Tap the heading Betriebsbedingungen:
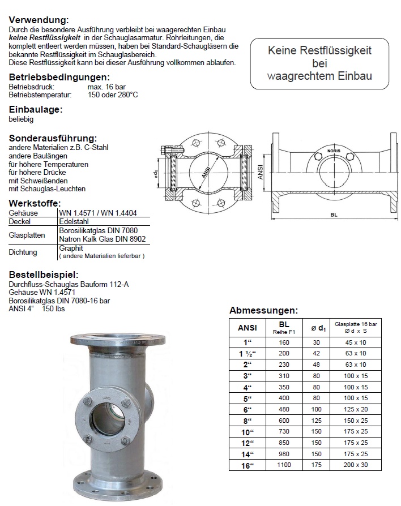pos(59,78)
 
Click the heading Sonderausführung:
pos(53,138)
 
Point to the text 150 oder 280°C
pos(113,95)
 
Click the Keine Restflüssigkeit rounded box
pos(319,63)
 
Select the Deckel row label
pos(19,222)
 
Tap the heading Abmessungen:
pos(263,310)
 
